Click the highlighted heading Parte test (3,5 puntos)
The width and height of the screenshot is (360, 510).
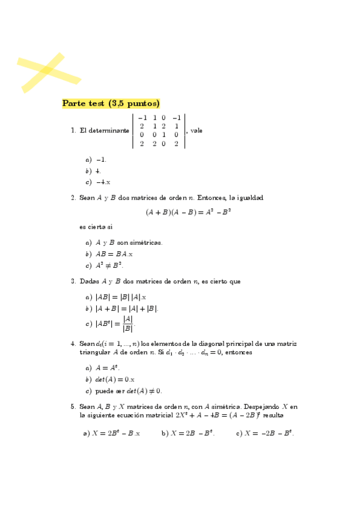(x=111, y=103)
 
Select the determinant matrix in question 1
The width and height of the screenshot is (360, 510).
(x=159, y=131)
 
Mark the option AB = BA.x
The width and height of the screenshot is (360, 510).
(x=114, y=254)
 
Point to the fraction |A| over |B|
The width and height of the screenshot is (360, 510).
(x=127, y=324)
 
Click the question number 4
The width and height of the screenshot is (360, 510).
(x=73, y=343)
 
